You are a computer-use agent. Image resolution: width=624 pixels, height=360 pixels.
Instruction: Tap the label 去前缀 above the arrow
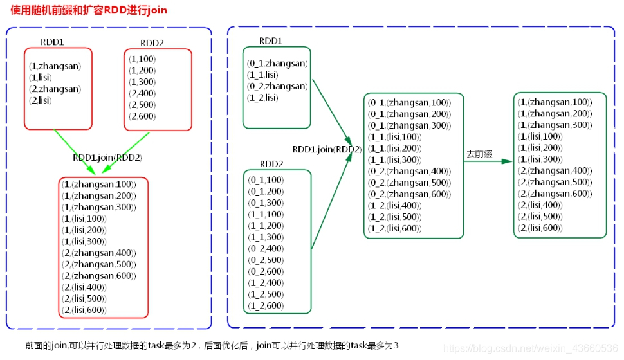click(x=479, y=154)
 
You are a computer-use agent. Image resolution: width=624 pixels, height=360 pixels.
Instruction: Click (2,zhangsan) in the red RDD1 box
click(x=55, y=89)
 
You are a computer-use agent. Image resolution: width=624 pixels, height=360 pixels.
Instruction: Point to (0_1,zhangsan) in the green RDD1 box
click(x=277, y=64)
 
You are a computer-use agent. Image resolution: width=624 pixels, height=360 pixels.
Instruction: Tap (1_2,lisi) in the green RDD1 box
click(x=262, y=98)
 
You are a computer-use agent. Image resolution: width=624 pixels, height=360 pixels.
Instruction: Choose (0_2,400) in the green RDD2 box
click(x=266, y=249)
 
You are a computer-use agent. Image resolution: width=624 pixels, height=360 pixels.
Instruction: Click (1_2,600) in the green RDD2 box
click(x=266, y=306)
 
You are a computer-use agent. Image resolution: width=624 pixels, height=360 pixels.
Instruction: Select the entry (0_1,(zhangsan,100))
click(x=409, y=103)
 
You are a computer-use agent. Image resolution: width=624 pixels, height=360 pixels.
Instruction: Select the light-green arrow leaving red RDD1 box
click(x=75, y=151)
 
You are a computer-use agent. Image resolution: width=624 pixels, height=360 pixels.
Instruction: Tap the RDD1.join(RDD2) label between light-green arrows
click(x=107, y=157)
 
